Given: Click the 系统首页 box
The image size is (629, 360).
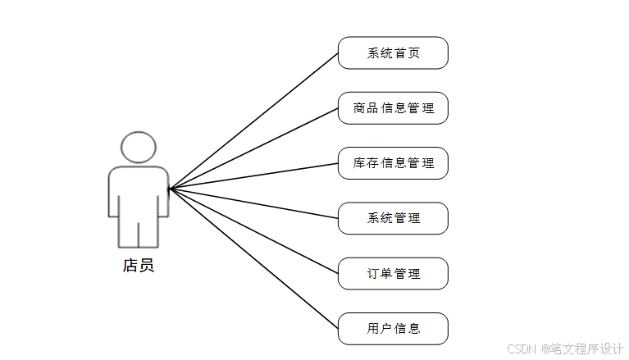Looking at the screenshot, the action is (393, 53).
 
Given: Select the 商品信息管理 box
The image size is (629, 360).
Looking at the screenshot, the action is (393, 108).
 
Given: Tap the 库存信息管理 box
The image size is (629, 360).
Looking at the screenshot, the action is (393, 163).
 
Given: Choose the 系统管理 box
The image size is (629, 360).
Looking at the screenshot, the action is (393, 218).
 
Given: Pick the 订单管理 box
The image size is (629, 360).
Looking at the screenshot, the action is (393, 273).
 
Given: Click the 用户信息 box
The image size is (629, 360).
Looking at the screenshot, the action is (393, 328).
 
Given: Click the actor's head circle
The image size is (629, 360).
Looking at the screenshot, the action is (139, 148).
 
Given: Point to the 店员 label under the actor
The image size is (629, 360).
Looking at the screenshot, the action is (138, 265).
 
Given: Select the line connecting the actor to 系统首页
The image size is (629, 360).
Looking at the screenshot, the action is (254, 121).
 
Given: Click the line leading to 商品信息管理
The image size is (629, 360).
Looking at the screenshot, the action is (254, 148).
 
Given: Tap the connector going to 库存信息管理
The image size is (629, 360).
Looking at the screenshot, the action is (254, 176).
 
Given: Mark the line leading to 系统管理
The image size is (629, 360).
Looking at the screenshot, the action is (254, 204).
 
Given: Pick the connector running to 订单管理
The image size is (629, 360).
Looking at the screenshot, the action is (254, 231).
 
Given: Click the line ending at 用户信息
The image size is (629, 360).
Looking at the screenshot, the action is (254, 259).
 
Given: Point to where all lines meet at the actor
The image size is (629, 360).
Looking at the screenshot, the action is (170, 189).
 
